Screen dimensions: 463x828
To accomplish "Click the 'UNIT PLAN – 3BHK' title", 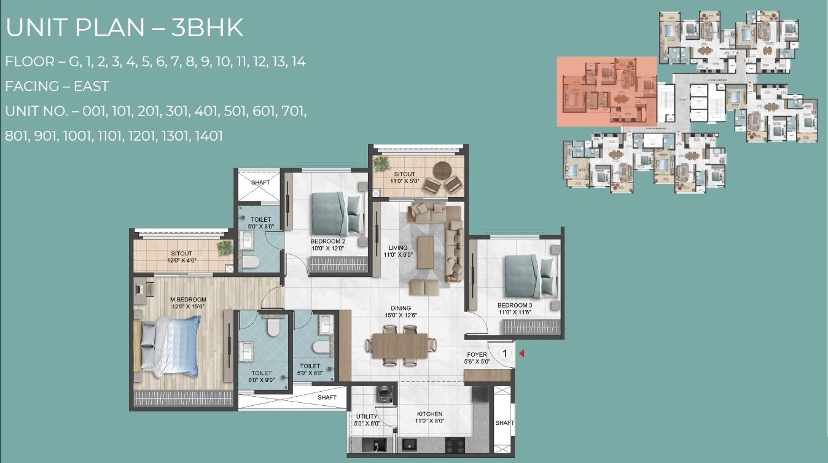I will click(x=125, y=28).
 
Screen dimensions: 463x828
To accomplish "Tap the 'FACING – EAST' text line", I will click(x=57, y=87).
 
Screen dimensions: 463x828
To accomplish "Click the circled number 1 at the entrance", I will click(x=504, y=353).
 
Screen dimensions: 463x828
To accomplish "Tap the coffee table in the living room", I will click(x=426, y=252).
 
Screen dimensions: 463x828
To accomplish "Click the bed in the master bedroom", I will click(x=171, y=346).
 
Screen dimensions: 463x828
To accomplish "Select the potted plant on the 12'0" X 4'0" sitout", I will click(x=225, y=247).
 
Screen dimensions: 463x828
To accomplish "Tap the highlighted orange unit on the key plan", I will click(x=607, y=91).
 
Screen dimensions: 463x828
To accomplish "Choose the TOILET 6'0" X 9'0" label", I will click(x=261, y=376).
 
